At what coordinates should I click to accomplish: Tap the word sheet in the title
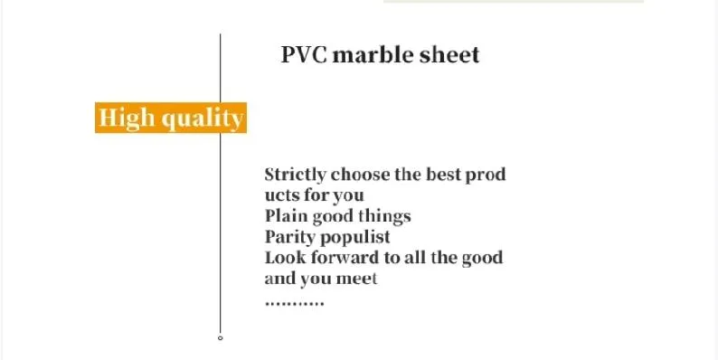tap(449, 54)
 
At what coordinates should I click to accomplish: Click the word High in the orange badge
tap(126, 118)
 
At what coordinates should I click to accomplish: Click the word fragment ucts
tap(281, 194)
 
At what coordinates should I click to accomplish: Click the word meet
tap(357, 278)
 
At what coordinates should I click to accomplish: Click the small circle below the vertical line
tap(220, 338)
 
